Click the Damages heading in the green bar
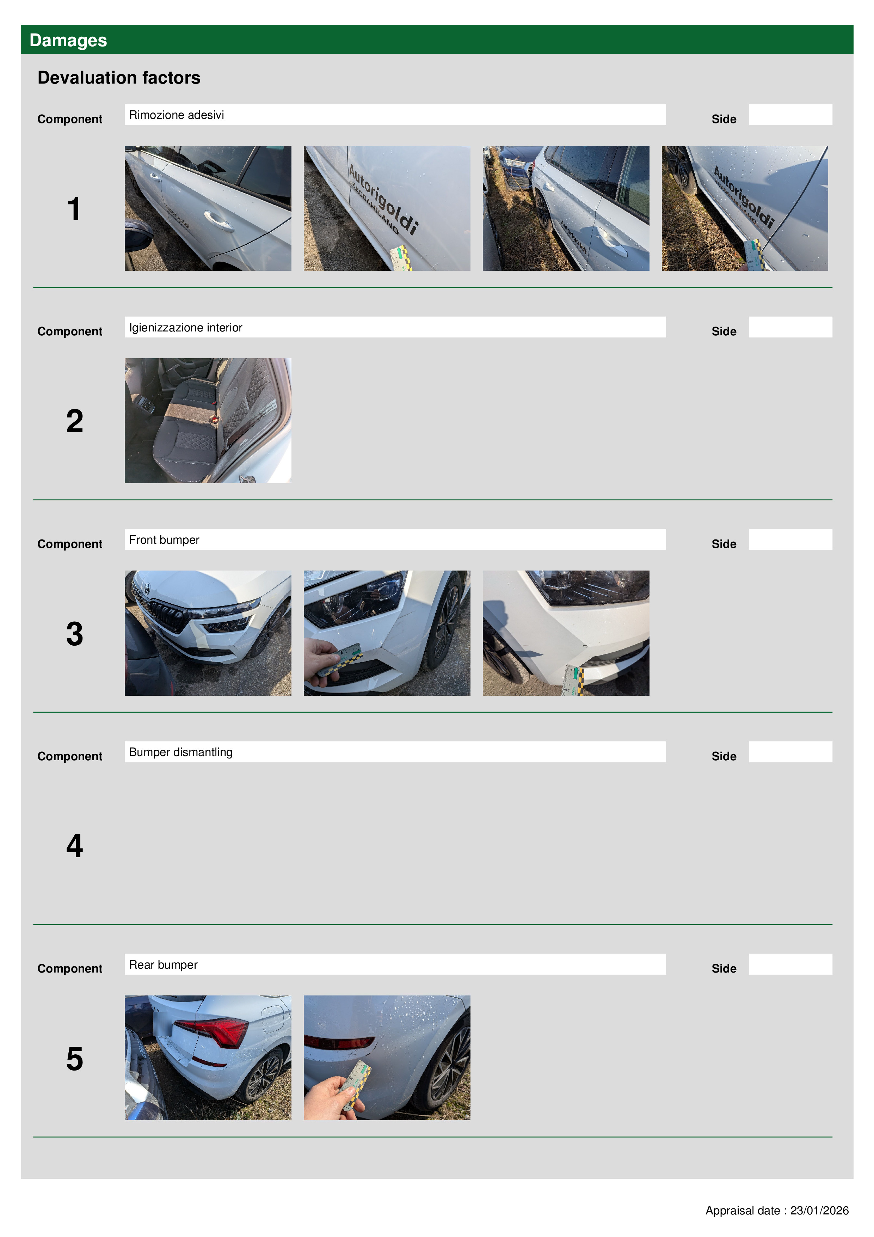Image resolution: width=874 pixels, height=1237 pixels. [x=68, y=41]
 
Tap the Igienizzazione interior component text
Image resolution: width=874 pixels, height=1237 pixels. [x=185, y=328]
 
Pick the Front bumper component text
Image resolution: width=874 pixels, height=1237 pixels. [x=164, y=540]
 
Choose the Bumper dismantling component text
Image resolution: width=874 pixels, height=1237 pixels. [x=180, y=752]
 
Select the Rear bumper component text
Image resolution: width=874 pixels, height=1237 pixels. [x=163, y=964]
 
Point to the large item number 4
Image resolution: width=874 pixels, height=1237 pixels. [x=74, y=846]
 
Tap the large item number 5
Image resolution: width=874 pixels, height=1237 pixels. [x=74, y=1059]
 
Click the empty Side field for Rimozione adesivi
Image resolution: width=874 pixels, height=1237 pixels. [x=790, y=115]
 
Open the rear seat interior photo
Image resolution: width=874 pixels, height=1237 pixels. [x=208, y=421]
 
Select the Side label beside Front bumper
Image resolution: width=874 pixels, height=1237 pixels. [x=724, y=544]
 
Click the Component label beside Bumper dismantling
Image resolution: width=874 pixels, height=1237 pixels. [x=69, y=756]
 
